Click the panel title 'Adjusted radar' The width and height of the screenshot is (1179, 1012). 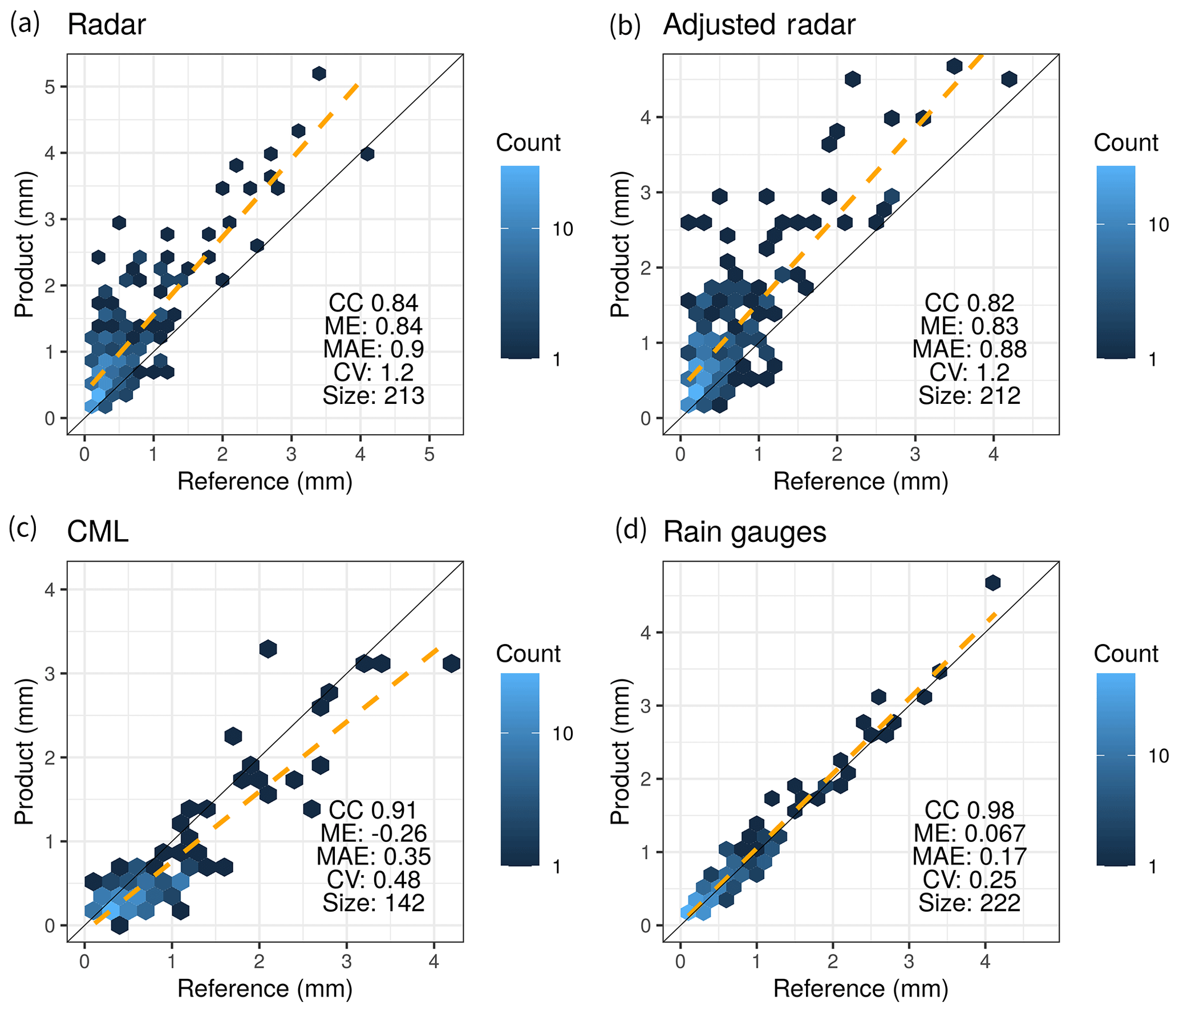pos(759,25)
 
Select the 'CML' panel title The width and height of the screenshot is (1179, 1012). pos(98,532)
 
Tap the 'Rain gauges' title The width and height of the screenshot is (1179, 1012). pos(744,532)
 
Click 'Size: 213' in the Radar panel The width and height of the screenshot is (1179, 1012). pos(374,395)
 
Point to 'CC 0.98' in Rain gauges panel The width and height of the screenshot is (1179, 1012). pos(969,810)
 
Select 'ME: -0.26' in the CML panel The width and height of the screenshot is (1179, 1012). pos(374,833)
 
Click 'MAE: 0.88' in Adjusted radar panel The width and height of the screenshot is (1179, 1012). pos(969,349)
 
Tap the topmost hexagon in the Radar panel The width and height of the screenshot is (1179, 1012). pos(319,73)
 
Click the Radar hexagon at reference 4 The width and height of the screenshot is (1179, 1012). pos(367,153)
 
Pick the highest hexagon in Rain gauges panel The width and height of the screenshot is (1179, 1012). pos(992,582)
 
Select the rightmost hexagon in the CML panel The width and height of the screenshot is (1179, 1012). pos(451,663)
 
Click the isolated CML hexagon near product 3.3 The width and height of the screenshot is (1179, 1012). pos(268,649)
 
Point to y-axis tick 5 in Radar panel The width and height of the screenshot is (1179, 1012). pos(50,87)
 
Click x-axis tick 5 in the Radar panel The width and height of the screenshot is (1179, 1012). pos(429,454)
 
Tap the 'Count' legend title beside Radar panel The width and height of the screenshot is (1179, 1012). pos(528,143)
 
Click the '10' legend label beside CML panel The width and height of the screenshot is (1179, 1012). pos(562,734)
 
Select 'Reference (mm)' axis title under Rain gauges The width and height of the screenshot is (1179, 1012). pos(860,989)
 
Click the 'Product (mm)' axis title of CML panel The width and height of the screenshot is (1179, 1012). pos(24,751)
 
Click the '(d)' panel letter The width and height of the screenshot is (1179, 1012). pos(630,531)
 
